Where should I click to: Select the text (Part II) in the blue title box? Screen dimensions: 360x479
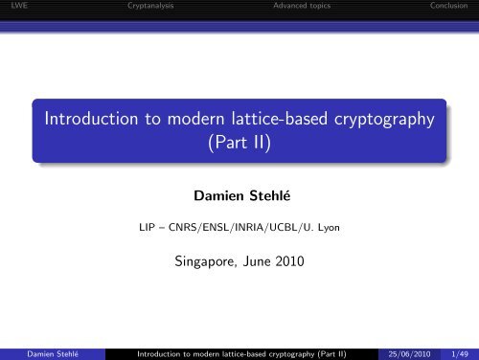[239, 143]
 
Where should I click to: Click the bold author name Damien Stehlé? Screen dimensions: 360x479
[239, 198]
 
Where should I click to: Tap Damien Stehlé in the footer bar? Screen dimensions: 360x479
[34, 352]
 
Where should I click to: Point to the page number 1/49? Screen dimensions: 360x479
[460, 352]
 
